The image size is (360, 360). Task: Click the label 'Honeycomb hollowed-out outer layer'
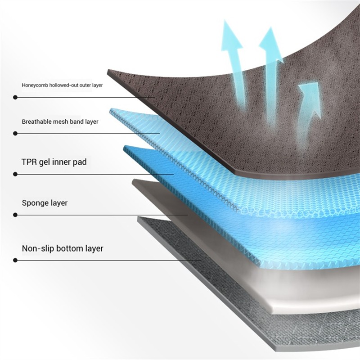(62, 85)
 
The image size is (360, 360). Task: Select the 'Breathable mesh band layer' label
(60, 121)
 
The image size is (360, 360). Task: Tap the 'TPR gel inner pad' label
(54, 162)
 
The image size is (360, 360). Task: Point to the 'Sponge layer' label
(45, 203)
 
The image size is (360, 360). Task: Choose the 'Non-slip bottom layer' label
(63, 248)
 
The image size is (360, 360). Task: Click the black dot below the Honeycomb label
(15, 98)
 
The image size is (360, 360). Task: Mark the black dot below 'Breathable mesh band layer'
(15, 133)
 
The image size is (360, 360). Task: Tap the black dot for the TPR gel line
(15, 174)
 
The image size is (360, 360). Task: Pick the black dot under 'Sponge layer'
(15, 215)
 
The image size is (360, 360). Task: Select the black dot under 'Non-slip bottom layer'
(15, 260)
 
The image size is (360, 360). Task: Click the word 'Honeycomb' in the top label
(35, 85)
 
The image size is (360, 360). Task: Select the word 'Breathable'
(36, 121)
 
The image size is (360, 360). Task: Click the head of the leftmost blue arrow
(231, 36)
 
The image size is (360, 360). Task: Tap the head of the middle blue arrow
(271, 44)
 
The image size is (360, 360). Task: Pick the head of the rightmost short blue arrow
(310, 96)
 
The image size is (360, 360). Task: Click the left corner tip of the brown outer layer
(108, 70)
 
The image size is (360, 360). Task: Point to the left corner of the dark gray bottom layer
(138, 217)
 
